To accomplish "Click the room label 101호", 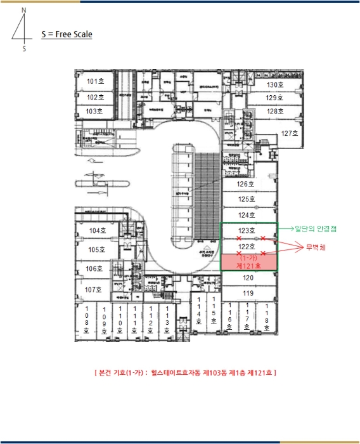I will (x=96, y=82).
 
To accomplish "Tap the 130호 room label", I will (x=275, y=84).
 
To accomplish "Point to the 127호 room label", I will (x=289, y=133).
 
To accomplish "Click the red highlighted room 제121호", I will (x=248, y=262).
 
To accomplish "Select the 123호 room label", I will (x=247, y=230).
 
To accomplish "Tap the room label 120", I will (x=248, y=278).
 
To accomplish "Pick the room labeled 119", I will (x=248, y=293).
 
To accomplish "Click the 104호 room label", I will (x=98, y=231).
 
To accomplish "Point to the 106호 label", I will (x=94, y=269).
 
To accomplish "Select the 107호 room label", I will (x=94, y=289).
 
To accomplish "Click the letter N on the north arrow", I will (x=23, y=11).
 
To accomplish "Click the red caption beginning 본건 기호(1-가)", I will (x=184, y=372).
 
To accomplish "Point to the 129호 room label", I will (x=275, y=98).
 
